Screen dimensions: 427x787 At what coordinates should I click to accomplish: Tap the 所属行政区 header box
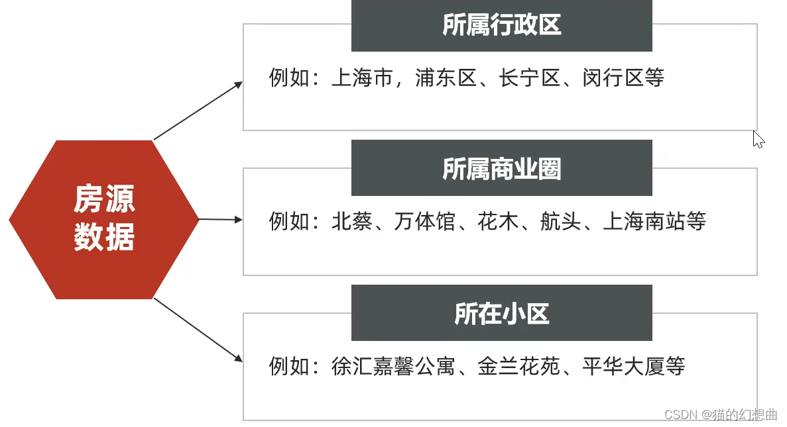pyautogui.click(x=501, y=25)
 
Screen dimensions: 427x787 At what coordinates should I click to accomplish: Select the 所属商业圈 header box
pyautogui.click(x=501, y=168)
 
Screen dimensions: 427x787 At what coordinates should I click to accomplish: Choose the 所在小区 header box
pyautogui.click(x=501, y=313)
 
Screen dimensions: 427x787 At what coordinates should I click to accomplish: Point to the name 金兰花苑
pyautogui.click(x=519, y=366)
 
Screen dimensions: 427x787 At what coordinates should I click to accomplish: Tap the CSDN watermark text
pyautogui.click(x=720, y=414)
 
